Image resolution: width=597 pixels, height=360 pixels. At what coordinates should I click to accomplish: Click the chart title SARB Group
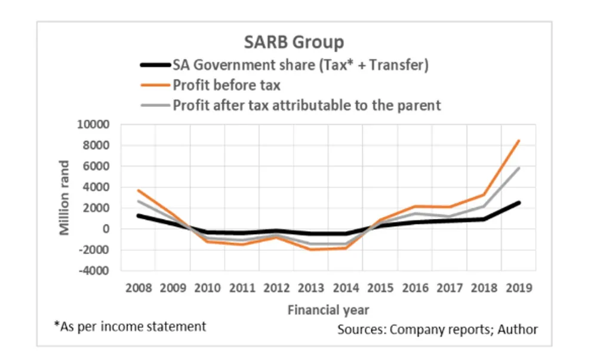294,43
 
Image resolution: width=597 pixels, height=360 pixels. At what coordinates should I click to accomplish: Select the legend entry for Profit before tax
227,85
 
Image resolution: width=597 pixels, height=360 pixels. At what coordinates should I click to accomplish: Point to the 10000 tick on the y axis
94,125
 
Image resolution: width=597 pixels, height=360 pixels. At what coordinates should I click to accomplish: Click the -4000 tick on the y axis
96,270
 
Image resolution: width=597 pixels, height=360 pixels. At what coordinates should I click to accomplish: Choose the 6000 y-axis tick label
97,167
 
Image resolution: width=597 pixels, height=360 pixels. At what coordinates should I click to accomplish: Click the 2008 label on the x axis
138,288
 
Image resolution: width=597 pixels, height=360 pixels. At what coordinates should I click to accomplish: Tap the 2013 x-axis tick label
311,288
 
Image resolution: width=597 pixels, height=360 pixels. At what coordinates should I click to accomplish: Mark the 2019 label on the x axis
519,288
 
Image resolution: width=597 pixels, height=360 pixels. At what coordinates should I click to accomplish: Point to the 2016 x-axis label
416,288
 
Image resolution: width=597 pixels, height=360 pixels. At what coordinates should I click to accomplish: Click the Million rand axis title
65,197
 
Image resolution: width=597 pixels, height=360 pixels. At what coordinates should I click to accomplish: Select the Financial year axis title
328,310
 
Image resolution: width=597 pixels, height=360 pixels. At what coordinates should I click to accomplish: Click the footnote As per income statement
130,327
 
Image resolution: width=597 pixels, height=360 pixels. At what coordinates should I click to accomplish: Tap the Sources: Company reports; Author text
438,329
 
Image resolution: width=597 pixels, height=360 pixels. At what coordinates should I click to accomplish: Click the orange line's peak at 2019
519,141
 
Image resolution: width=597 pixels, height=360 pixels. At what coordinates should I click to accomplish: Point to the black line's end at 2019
519,202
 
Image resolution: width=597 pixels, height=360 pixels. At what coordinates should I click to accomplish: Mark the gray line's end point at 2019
519,168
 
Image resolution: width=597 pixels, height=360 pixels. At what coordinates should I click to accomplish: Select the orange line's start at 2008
138,190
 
